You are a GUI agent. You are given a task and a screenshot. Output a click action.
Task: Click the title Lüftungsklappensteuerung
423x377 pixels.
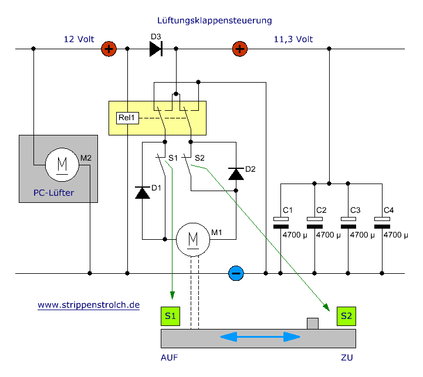(x=215, y=21)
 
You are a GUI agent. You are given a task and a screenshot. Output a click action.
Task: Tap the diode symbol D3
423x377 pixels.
(x=155, y=49)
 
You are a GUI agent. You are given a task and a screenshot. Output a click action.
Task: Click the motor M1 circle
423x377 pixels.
(x=192, y=238)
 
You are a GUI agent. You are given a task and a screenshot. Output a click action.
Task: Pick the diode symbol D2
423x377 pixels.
(x=236, y=174)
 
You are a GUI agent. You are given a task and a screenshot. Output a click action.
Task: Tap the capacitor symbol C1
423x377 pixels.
(x=282, y=222)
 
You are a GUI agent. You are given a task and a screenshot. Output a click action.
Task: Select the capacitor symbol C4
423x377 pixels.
(x=383, y=222)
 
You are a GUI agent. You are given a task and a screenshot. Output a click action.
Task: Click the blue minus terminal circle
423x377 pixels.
(x=236, y=273)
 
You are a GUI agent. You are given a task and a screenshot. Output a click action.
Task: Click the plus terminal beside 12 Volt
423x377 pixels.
(x=108, y=49)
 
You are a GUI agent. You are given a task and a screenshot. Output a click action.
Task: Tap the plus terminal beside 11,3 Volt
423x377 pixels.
(x=239, y=49)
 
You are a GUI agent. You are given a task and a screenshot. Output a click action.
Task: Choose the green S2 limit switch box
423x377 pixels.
(x=346, y=316)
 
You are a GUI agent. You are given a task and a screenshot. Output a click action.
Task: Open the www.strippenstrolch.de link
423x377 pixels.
(x=89, y=305)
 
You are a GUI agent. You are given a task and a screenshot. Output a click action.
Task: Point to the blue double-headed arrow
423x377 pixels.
(x=260, y=337)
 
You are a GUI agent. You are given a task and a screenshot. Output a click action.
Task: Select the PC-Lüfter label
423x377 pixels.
(x=54, y=192)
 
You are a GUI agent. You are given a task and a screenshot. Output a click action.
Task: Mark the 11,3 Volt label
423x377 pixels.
(x=293, y=40)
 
